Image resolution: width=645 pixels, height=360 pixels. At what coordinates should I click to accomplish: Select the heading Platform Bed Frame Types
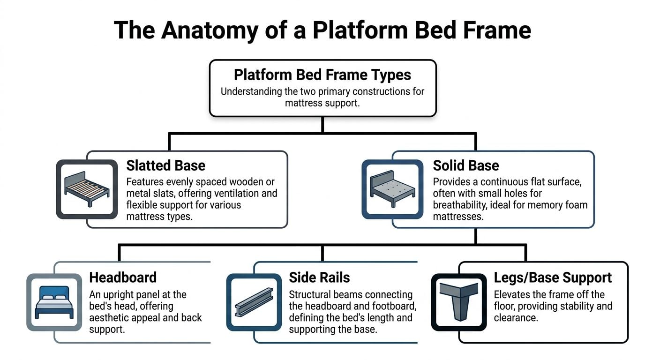(x=322, y=75)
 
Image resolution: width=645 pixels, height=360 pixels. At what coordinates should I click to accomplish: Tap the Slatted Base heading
(x=165, y=165)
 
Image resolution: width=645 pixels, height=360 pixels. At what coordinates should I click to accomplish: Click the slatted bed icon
(x=87, y=189)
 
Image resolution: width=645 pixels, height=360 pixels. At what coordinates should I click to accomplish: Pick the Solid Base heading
(x=465, y=165)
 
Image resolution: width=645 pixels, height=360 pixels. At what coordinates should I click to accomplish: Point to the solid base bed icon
(x=393, y=189)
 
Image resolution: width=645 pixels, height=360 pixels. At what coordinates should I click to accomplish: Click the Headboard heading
(x=123, y=277)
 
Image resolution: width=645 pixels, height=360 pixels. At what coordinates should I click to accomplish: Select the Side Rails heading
(x=319, y=277)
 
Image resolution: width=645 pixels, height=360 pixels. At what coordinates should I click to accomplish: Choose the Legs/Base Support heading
(x=553, y=277)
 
